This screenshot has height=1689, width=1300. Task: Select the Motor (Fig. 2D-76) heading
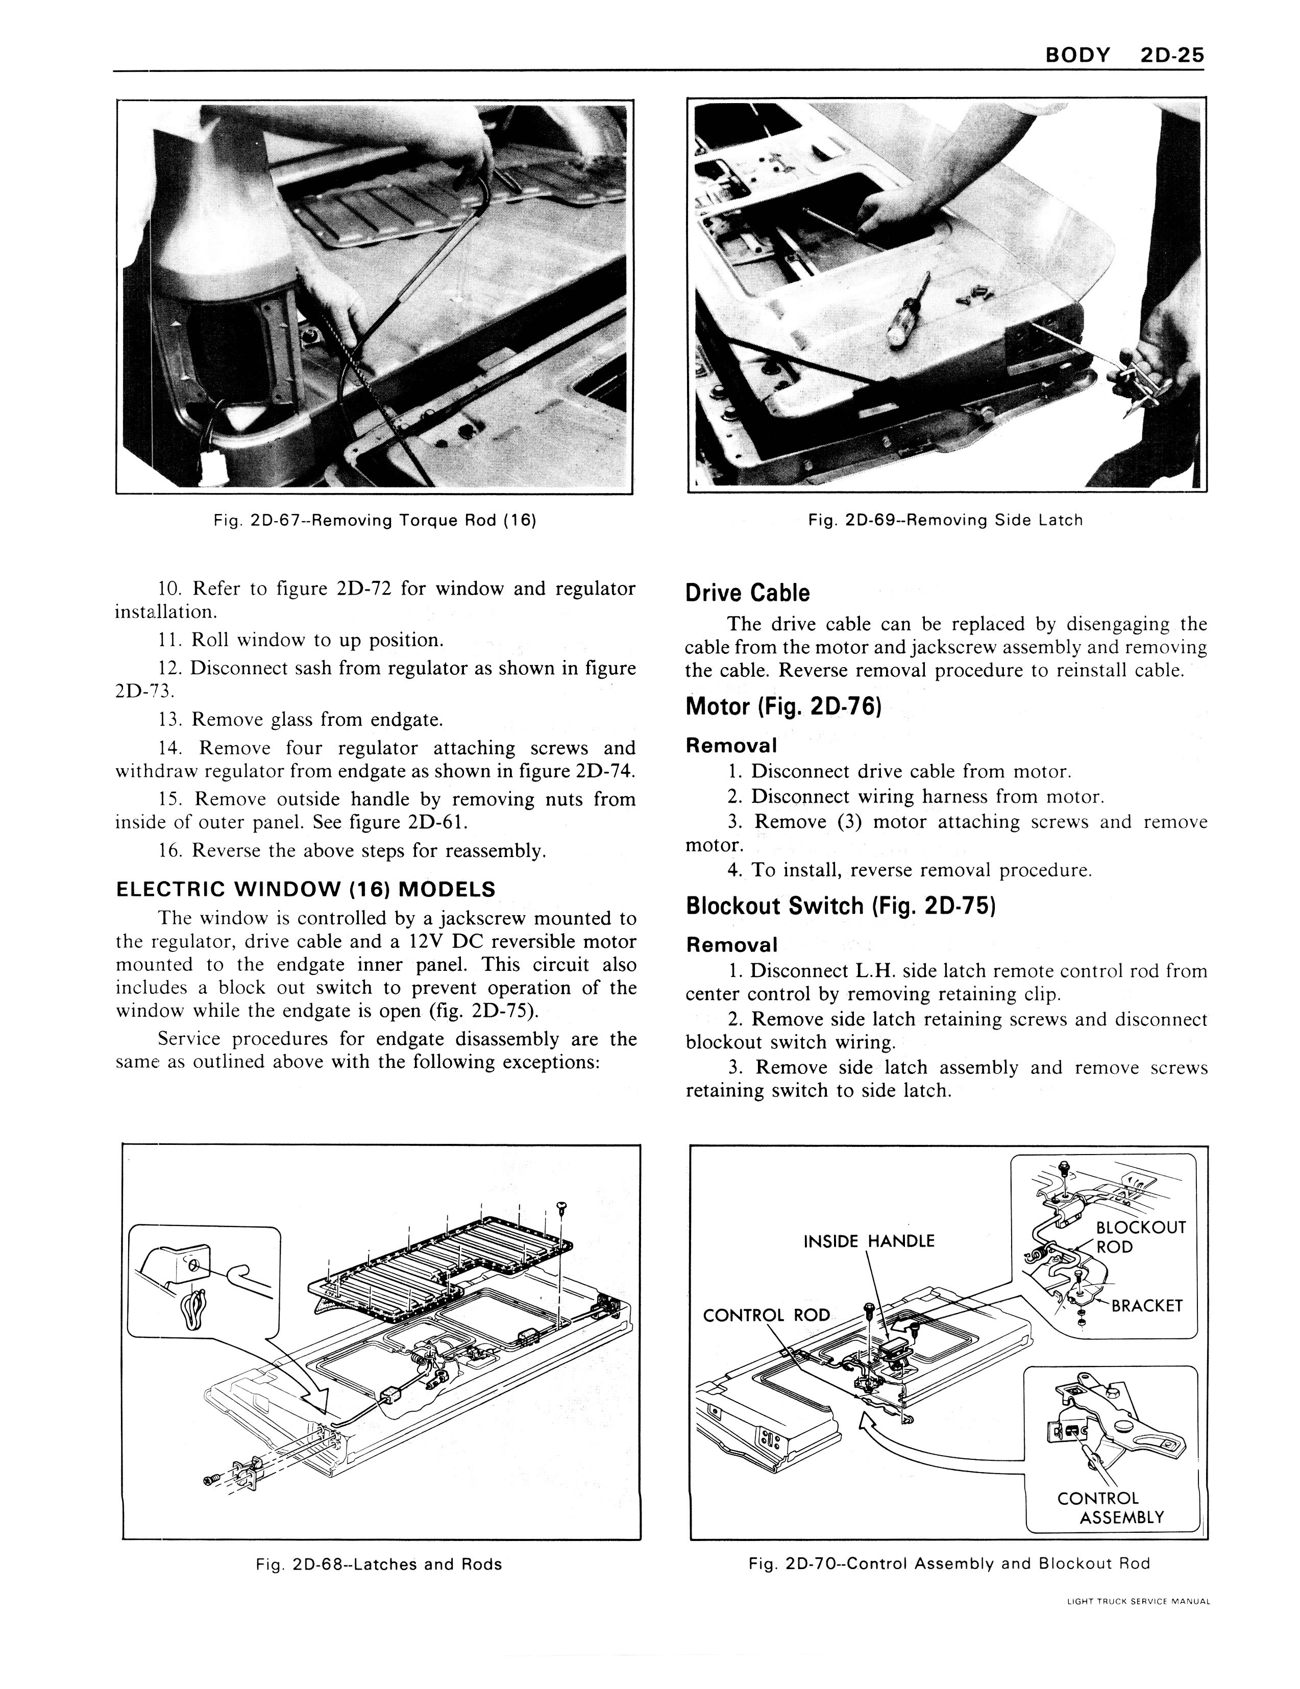(x=782, y=706)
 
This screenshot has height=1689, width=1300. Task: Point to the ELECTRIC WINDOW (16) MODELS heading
(x=305, y=889)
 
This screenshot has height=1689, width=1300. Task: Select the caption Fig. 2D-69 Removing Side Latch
(x=945, y=521)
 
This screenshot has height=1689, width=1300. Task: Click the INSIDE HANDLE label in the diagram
(x=869, y=1241)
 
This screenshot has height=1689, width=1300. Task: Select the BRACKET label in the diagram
(x=1147, y=1306)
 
